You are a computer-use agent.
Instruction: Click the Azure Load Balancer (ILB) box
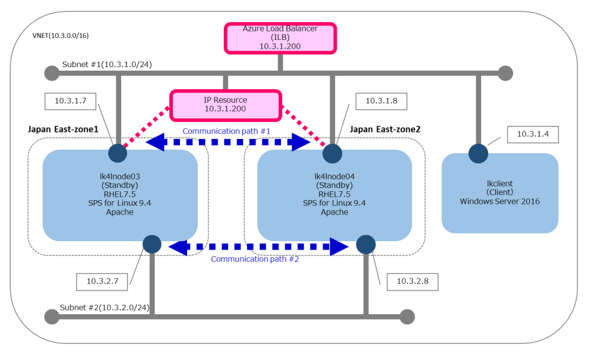pyautogui.click(x=280, y=37)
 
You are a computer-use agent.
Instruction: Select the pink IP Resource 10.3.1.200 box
pyautogui.click(x=225, y=105)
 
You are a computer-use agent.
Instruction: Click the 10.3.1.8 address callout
pyautogui.click(x=381, y=101)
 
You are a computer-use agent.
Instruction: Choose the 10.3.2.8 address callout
pyautogui.click(x=412, y=281)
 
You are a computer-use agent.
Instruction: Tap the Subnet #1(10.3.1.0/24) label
pyautogui.click(x=107, y=64)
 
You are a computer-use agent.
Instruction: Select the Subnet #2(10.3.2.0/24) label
pyautogui.click(x=105, y=308)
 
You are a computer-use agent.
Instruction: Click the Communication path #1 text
pyautogui.click(x=226, y=131)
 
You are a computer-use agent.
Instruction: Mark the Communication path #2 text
pyautogui.click(x=255, y=259)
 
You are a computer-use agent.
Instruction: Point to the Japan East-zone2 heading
pyautogui.click(x=386, y=128)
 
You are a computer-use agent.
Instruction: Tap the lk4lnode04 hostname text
pyautogui.click(x=334, y=176)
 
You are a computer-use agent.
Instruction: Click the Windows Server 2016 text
pyautogui.click(x=500, y=201)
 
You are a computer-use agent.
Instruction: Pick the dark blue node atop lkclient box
pyautogui.click(x=478, y=153)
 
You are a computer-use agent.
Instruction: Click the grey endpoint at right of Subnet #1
pyautogui.click(x=505, y=73)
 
